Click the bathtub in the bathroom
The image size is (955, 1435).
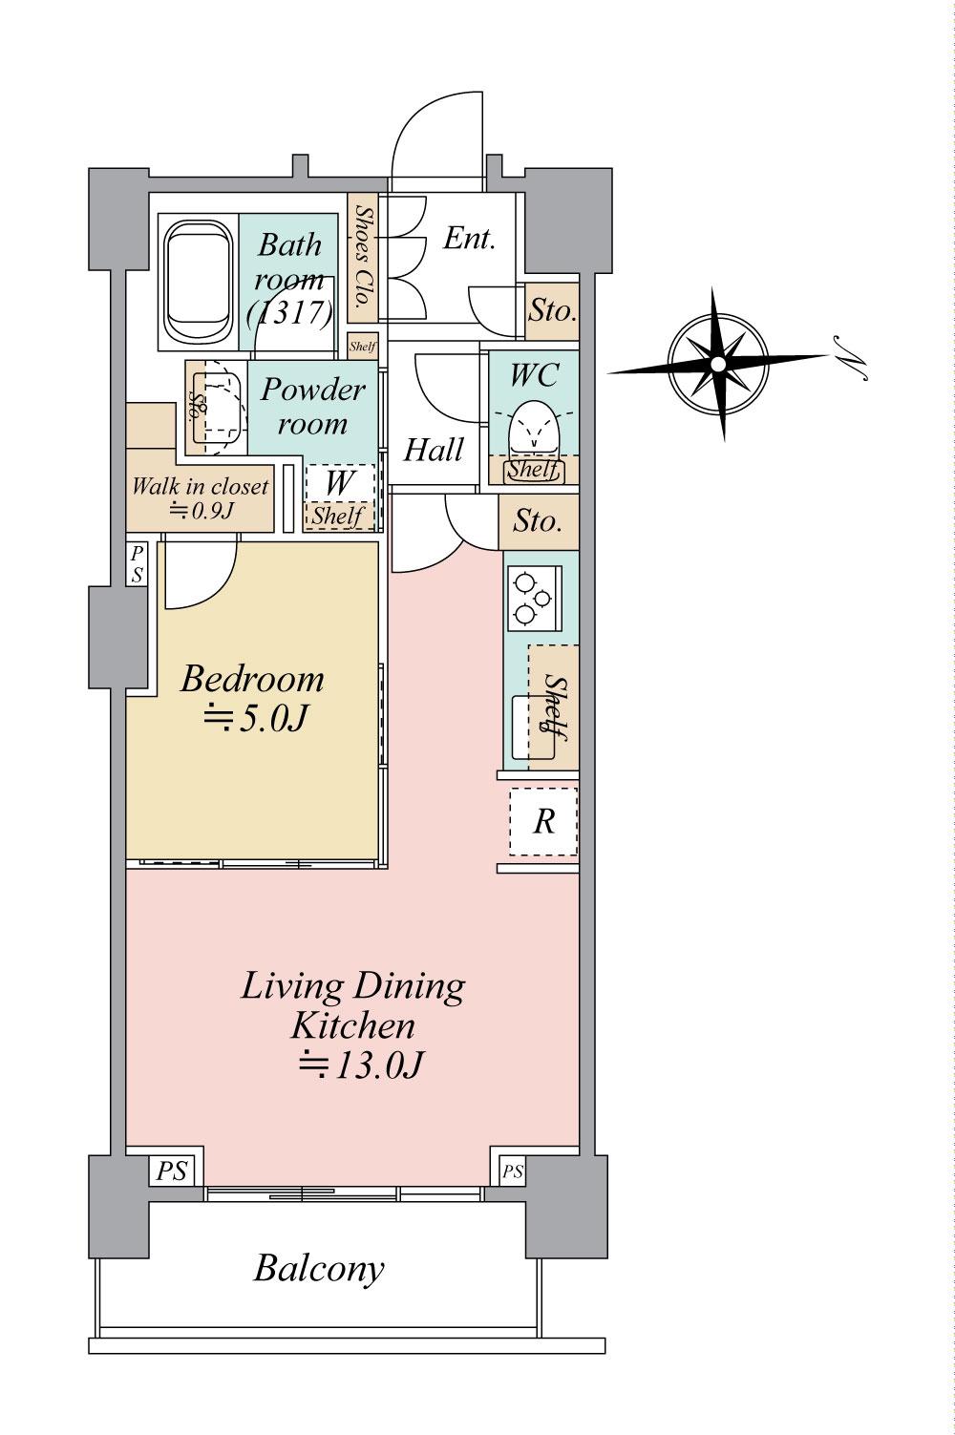198,282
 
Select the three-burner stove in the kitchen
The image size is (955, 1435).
534,597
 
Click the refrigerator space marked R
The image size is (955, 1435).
543,821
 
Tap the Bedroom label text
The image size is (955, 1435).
252,679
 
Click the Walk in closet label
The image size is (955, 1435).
200,486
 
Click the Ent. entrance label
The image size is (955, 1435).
470,239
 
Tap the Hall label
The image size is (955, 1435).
434,450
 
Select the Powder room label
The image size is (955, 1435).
313,406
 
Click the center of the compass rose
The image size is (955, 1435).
718,364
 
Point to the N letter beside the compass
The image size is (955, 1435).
851,360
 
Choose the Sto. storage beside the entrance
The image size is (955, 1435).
552,311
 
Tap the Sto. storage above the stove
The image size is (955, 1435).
539,522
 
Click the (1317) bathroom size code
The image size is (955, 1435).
290,313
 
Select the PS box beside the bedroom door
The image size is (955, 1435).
138,563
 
